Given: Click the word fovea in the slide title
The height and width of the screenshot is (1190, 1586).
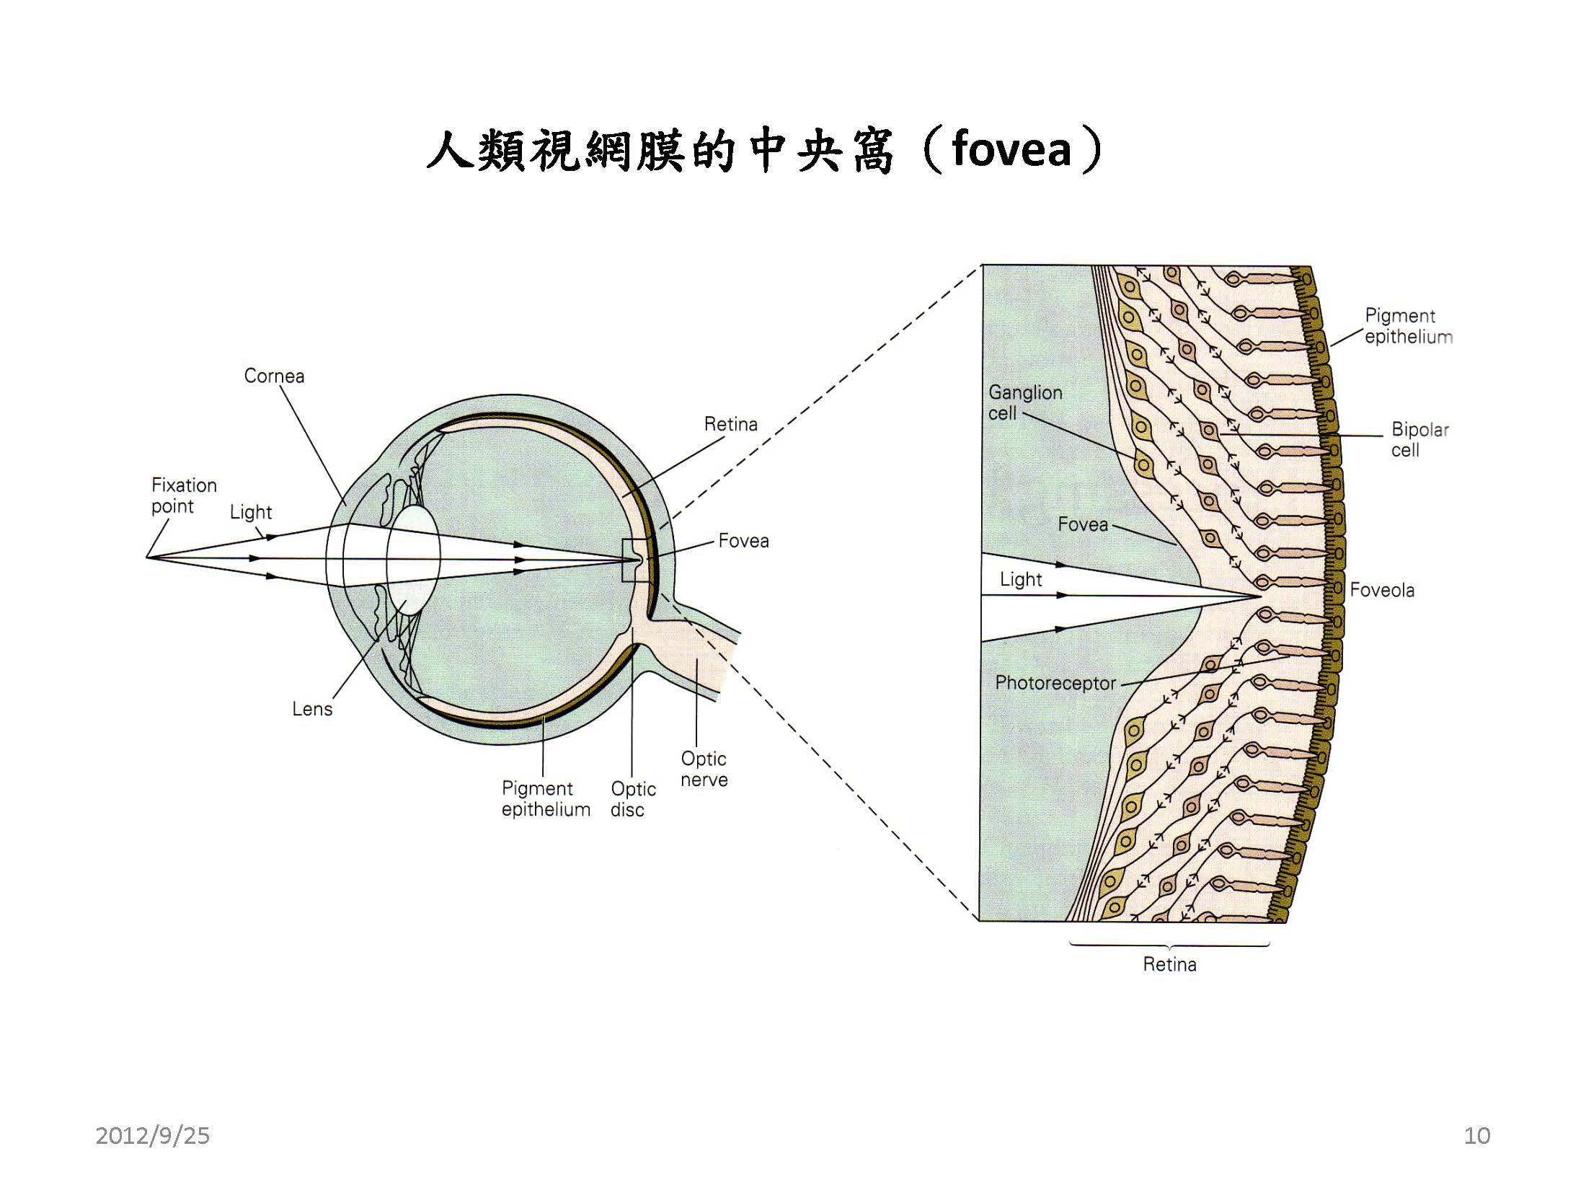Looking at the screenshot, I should pyautogui.click(x=1011, y=150).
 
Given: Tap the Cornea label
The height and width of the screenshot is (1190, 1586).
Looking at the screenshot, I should pyautogui.click(x=274, y=376).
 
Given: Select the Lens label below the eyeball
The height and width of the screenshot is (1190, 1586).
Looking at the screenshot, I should pyautogui.click(x=312, y=709).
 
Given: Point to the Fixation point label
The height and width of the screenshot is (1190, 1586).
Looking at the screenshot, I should pyautogui.click(x=183, y=495).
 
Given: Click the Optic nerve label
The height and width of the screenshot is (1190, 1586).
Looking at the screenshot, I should pyautogui.click(x=704, y=769).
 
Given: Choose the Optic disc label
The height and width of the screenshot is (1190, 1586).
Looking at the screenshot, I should pyautogui.click(x=632, y=799).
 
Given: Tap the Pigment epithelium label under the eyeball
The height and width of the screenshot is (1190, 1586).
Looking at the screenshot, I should pyautogui.click(x=545, y=799).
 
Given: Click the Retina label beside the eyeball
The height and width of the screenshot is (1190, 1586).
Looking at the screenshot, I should pyautogui.click(x=730, y=424).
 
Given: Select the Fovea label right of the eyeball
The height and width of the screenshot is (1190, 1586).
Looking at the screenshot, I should pyautogui.click(x=743, y=541).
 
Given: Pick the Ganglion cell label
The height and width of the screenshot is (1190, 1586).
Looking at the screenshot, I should pyautogui.click(x=1024, y=402).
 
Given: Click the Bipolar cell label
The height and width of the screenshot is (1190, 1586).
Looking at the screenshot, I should pyautogui.click(x=1419, y=439).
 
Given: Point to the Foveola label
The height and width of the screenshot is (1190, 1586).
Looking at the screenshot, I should pyautogui.click(x=1381, y=590).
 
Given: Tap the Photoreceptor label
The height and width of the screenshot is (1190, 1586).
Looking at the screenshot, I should pyautogui.click(x=1055, y=683).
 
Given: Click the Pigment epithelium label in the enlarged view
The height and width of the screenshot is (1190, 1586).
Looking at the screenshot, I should pyautogui.click(x=1407, y=326).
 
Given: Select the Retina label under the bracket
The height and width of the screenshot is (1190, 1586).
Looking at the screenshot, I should pyautogui.click(x=1169, y=964).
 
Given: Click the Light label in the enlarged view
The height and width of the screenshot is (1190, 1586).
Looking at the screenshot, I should pyautogui.click(x=1020, y=579).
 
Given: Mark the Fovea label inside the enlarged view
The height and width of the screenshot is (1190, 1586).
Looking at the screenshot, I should pyautogui.click(x=1082, y=524).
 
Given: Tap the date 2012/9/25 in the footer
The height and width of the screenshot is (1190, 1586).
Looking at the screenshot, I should pyautogui.click(x=152, y=1136).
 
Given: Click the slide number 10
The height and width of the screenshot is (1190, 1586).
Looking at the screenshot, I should pyautogui.click(x=1476, y=1136).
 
